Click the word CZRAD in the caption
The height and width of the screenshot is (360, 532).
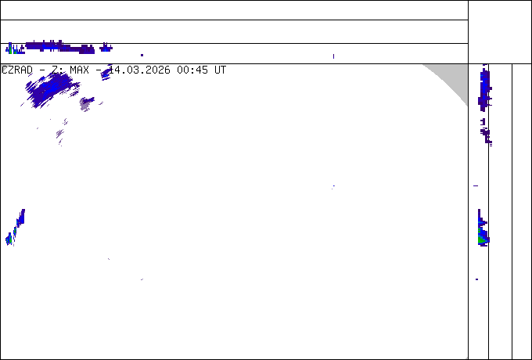17,70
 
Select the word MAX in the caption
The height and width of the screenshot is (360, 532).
79,70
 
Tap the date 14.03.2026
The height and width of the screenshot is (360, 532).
139,70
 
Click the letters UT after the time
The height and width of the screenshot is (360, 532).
220,70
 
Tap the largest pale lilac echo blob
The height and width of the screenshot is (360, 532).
86,104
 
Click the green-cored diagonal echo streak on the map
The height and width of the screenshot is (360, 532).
16,227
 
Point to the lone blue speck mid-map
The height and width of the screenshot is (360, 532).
333,186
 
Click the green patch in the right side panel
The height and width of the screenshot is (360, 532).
482,236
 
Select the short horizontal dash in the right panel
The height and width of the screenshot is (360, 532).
476,185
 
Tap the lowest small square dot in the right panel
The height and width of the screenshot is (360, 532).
477,279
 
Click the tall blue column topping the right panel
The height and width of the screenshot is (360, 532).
484,88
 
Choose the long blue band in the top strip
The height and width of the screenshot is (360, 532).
59,47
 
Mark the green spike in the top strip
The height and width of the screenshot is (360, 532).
10,49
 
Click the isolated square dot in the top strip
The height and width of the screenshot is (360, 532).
142,55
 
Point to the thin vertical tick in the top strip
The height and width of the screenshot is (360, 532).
333,56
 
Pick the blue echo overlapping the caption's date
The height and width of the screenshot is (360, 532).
106,73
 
